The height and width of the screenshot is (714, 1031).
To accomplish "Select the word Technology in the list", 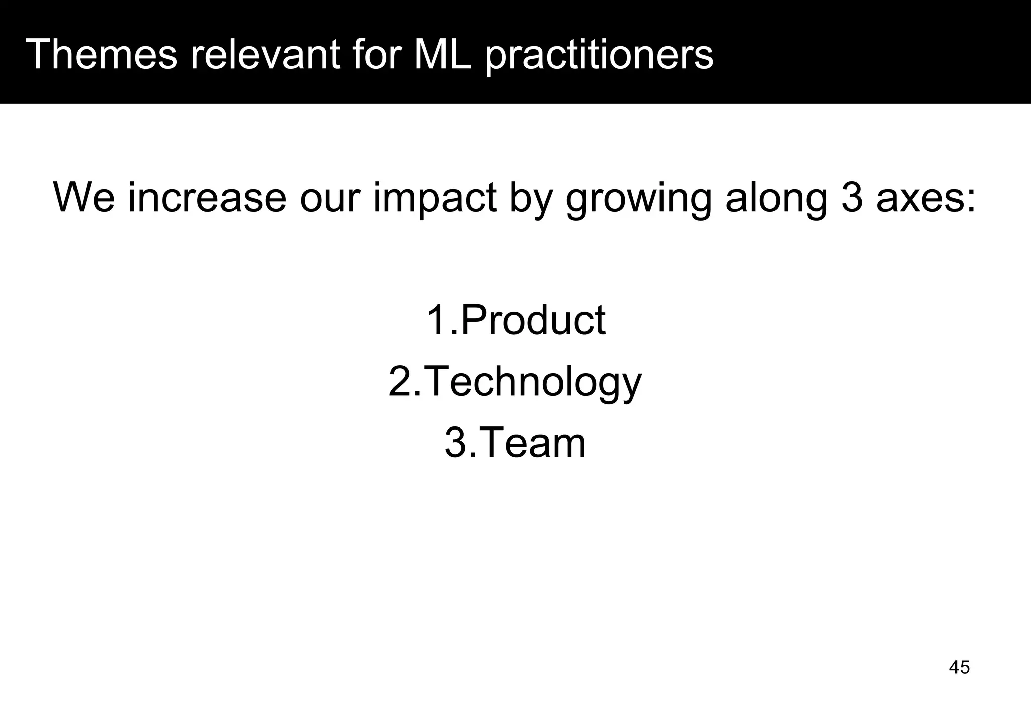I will (x=534, y=383).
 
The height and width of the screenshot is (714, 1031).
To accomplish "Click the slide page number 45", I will (x=959, y=667).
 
